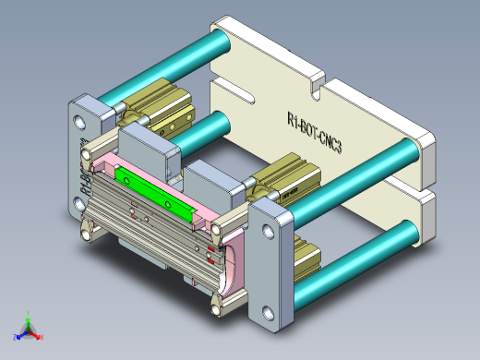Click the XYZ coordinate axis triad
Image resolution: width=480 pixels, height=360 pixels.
pyautogui.click(x=29, y=328)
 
